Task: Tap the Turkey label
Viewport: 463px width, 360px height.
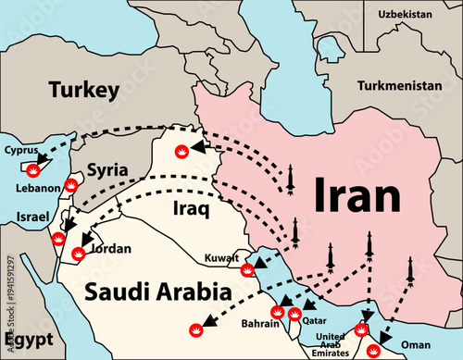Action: pos(85,90)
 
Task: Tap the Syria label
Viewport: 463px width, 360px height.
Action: pos(108,170)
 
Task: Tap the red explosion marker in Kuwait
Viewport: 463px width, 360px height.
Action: pos(246,269)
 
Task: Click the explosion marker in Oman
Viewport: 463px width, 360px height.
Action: pos(373,350)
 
